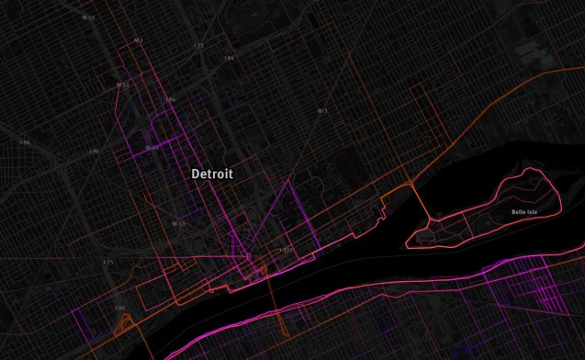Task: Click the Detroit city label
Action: click(212, 174)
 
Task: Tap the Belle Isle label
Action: click(525, 212)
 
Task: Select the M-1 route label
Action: click(138, 40)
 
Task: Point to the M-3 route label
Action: click(322, 111)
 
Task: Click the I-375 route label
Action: click(286, 248)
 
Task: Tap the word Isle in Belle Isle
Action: click(535, 212)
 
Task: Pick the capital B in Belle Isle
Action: click(514, 212)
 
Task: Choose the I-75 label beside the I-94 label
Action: click(198, 44)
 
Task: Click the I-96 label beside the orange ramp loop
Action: click(119, 308)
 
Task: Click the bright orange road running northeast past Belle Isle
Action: click(478, 120)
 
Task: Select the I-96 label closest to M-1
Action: click(170, 99)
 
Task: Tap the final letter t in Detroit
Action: click(231, 174)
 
